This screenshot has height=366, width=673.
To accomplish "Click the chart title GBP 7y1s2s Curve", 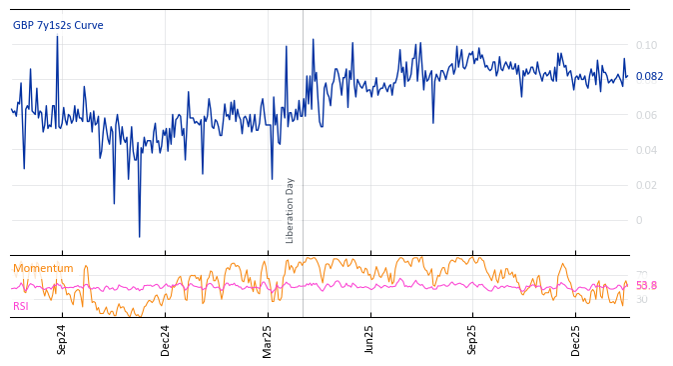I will tap(58, 26).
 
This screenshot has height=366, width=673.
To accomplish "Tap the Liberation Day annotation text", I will tap(291, 210).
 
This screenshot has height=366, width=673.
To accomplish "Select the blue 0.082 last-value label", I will tap(649, 77).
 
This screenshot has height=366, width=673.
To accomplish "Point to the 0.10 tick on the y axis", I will tap(646, 45).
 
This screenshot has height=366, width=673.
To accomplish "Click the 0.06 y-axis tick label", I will tap(646, 115).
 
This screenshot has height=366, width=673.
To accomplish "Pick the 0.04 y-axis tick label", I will tap(646, 150).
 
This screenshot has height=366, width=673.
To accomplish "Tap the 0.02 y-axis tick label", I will tap(646, 185).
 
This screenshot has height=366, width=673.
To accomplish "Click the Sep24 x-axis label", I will tap(62, 340).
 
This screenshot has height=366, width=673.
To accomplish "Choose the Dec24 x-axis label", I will tap(166, 340).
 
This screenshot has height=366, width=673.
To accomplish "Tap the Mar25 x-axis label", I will tap(268, 340).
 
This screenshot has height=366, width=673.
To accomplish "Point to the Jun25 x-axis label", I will tap(369, 340).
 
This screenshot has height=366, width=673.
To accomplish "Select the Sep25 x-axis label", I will tap(472, 340).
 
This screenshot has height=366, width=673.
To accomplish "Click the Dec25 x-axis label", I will tap(575, 340).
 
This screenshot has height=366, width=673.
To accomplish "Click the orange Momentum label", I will tap(43, 269).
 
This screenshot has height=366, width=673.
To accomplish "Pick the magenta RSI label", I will tap(21, 306).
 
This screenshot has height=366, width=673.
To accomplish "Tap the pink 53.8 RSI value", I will tap(646, 286).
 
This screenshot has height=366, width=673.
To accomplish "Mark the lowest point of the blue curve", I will tap(139, 237).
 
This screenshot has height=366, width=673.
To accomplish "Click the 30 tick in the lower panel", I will tap(641, 299).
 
